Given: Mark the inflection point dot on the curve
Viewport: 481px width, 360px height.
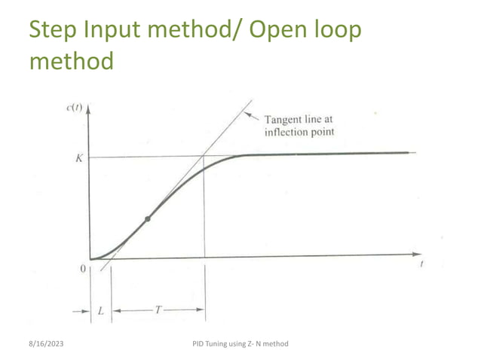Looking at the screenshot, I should [148, 218].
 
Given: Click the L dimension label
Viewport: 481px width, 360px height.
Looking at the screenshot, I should [100, 309].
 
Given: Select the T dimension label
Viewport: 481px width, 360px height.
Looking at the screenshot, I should [158, 309].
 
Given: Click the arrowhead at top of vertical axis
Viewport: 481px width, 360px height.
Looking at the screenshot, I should [90, 109].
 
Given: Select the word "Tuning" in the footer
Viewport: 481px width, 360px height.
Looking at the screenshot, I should [220, 344].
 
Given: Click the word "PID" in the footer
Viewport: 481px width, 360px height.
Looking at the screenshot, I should [199, 344].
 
